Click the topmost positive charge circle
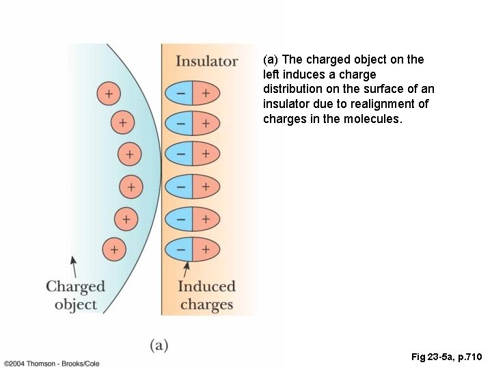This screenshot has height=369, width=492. coord(108,93)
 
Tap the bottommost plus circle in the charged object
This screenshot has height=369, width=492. coord(114,249)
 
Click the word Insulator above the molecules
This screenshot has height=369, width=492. coord(206,61)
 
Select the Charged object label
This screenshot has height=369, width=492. coord(75,295)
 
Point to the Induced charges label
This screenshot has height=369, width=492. coord(206,295)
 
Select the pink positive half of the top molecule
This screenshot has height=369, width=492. coord(206,93)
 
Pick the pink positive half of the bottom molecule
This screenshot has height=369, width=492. coord(206,249)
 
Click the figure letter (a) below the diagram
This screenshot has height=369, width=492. coord(159,345)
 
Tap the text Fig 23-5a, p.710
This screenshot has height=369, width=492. coord(447,357)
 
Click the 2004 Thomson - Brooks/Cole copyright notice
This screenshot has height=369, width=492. coord(51,364)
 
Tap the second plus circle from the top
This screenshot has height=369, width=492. coord(122,123)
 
